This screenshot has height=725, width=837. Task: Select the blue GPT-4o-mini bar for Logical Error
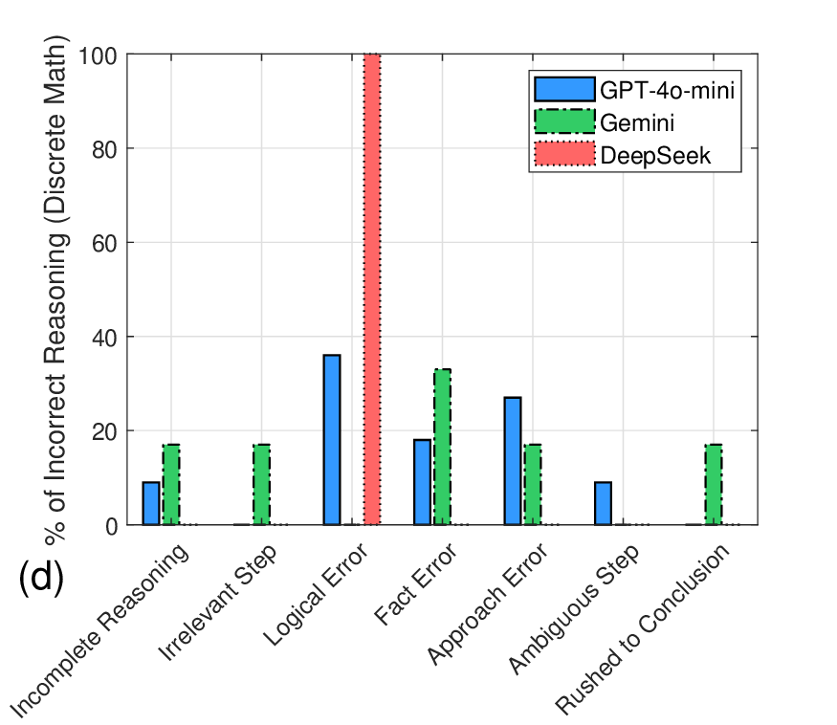point(332,440)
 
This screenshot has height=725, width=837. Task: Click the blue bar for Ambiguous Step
point(603,503)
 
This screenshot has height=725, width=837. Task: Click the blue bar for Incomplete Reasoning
point(151,503)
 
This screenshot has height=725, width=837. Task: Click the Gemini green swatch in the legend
point(563,121)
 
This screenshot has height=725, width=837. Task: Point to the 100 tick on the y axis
point(100,55)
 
